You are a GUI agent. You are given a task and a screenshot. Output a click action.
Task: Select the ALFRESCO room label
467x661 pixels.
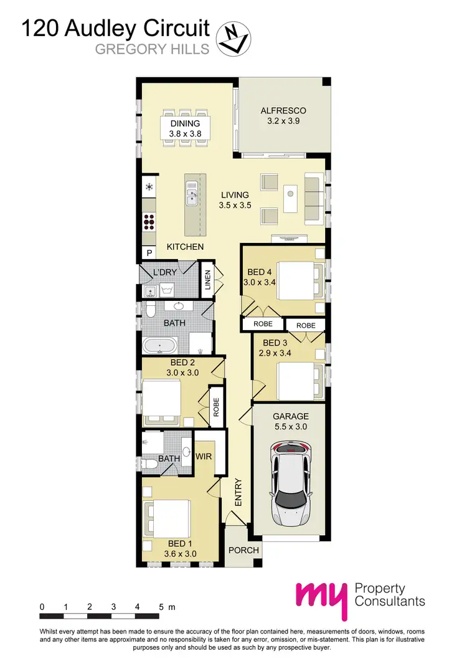tap(283, 111)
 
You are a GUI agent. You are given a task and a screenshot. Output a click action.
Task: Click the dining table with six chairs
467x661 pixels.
tap(185, 128)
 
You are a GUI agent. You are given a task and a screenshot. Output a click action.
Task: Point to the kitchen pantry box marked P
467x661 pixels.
tap(149, 253)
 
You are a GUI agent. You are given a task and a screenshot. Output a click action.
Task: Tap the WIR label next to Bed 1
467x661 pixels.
tap(204, 457)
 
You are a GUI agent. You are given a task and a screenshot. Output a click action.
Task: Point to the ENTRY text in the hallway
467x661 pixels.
tap(237, 492)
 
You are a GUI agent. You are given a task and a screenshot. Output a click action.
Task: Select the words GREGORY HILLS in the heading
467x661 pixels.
tap(152, 49)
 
